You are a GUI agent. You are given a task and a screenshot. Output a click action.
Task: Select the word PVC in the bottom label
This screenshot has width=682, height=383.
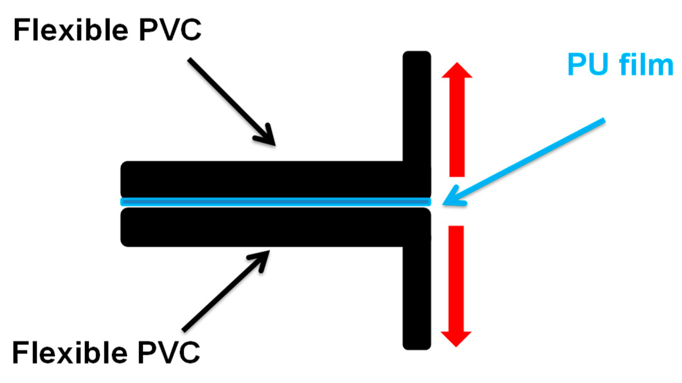(x=169, y=352)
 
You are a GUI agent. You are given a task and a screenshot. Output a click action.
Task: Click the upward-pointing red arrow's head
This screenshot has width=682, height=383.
(x=457, y=71)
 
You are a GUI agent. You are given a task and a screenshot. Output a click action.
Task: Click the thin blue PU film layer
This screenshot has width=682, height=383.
(x=276, y=202)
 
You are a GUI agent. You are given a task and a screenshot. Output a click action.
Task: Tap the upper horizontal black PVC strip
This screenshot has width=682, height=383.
(x=260, y=179)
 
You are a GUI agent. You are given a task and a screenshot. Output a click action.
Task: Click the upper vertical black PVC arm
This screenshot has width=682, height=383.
(x=417, y=104)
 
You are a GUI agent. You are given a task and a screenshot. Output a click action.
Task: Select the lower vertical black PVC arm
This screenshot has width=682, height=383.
(x=417, y=298)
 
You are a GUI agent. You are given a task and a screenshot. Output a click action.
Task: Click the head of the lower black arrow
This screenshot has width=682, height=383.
(x=262, y=258)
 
